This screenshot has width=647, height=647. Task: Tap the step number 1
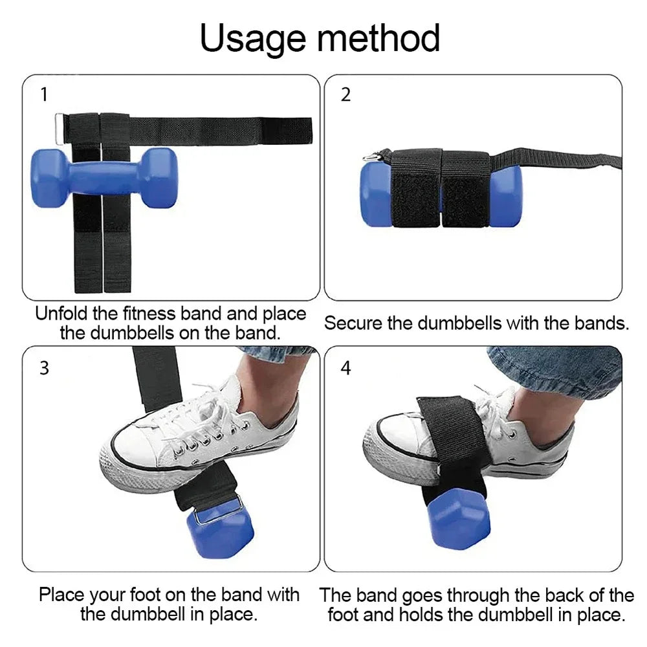[44, 94]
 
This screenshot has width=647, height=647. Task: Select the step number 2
[345, 94]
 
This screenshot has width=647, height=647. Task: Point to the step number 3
[44, 368]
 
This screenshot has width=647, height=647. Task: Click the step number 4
[345, 368]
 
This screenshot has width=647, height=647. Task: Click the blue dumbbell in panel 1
[104, 177]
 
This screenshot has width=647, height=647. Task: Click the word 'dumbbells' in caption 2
[459, 323]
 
